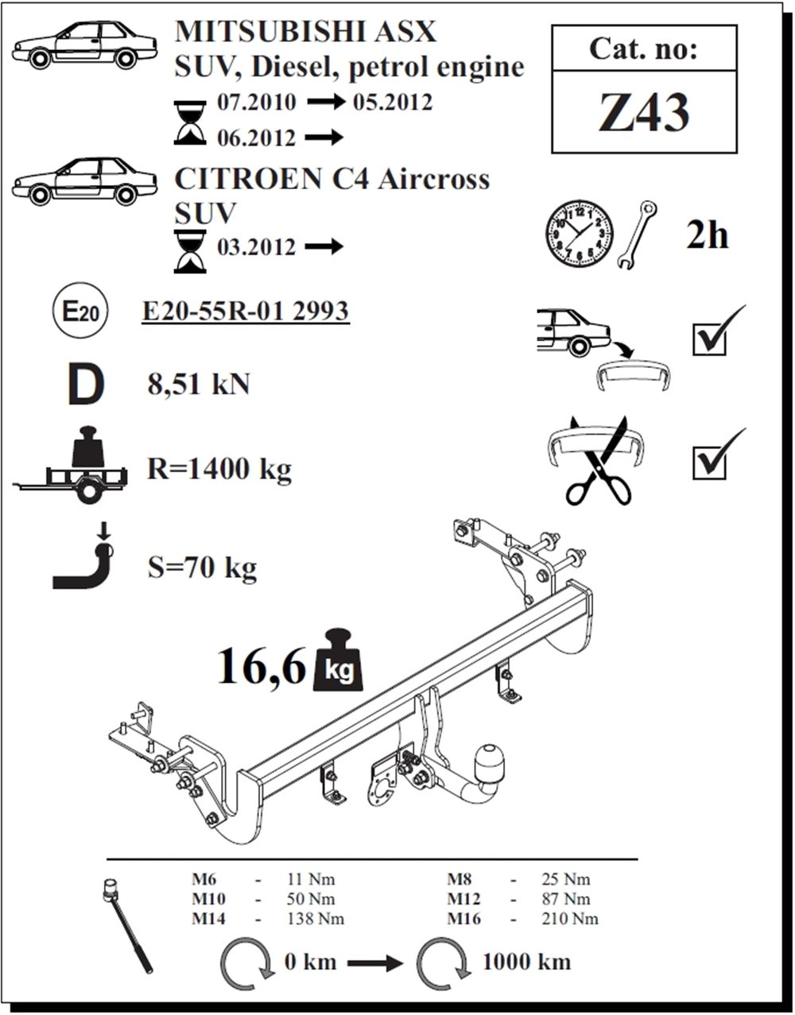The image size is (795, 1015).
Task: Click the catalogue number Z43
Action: point(644,114)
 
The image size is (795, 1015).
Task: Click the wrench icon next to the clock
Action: point(638,235)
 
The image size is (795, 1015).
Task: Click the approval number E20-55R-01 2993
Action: point(245,311)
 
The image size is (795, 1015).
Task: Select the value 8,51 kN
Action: point(199,385)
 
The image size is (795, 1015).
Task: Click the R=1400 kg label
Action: point(219,470)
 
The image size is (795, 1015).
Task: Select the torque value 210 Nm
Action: point(574,920)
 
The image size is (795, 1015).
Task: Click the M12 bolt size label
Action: point(464,899)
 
